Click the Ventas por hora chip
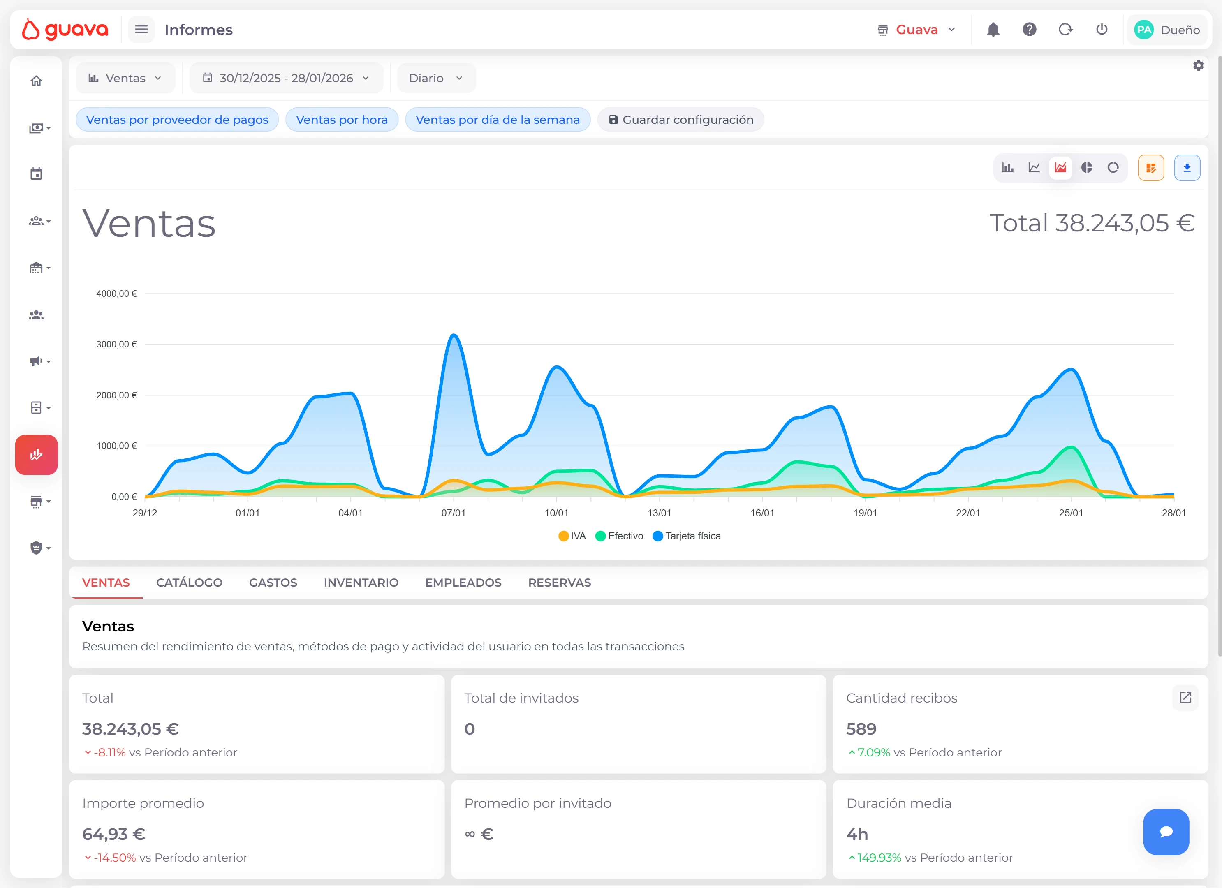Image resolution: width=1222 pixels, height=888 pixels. coord(342,120)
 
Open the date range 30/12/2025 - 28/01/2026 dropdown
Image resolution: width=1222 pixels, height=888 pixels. coord(286,78)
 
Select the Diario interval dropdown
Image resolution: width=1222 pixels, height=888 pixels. coord(436,78)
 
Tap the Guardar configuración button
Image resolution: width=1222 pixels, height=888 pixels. coord(680,120)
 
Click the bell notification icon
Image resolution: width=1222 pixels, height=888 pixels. coord(993,30)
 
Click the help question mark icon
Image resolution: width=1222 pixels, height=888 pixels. coord(1029,30)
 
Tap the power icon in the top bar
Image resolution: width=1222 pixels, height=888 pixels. coord(1101,30)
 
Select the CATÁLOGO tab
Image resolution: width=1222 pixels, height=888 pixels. coord(189,583)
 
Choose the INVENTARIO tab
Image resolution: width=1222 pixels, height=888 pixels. coord(361,583)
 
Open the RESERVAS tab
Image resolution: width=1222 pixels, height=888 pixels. coord(559,583)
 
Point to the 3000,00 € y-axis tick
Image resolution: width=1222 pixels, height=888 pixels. coord(116,345)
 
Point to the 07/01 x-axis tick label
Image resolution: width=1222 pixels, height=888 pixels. coord(453,513)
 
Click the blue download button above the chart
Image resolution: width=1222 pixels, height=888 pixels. coord(1187,168)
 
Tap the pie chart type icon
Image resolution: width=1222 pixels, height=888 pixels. coord(1087,168)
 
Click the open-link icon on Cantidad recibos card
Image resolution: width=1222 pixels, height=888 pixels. coord(1185,698)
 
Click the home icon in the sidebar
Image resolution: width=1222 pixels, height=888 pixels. coord(36,81)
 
